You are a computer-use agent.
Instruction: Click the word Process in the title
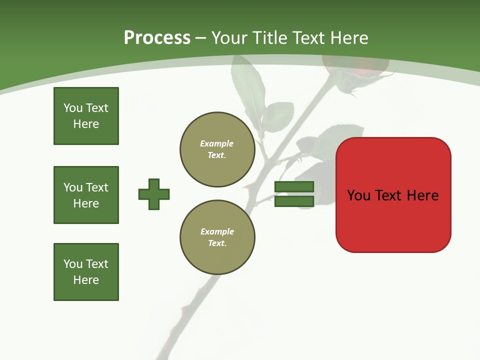[157, 38]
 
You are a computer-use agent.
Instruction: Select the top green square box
[86, 116]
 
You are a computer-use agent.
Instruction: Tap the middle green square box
[86, 195]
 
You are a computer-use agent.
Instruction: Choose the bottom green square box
[86, 272]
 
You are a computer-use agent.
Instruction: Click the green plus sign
[154, 194]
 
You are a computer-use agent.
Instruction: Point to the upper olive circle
[217, 149]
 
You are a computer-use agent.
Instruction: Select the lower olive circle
[217, 237]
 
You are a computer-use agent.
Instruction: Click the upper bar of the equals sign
[294, 187]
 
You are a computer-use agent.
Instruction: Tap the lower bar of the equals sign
[294, 201]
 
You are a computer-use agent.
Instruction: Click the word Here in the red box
[422, 195]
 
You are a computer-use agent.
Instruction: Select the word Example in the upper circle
[217, 144]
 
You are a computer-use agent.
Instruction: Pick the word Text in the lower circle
[217, 243]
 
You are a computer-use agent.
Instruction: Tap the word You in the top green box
[73, 108]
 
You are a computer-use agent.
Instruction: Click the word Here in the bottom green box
[86, 280]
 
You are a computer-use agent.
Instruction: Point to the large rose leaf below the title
[248, 87]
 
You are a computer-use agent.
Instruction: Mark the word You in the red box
[358, 195]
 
